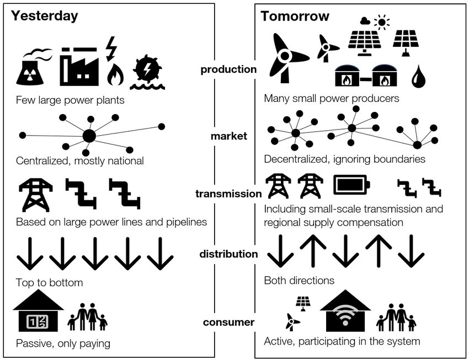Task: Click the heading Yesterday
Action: pyautogui.click(x=45, y=16)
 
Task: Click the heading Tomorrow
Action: pyautogui.click(x=295, y=16)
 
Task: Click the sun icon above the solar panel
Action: pyautogui.click(x=381, y=22)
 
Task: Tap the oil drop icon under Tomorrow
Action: pyautogui.click(x=417, y=76)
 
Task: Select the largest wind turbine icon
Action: pyautogui.click(x=285, y=56)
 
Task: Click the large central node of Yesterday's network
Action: pyautogui.click(x=89, y=136)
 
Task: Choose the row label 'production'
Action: pyautogui.click(x=228, y=69)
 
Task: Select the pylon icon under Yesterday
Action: pyautogui.click(x=35, y=194)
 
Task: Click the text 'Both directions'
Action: pyautogui.click(x=299, y=280)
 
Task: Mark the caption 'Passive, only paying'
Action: pyautogui.click(x=63, y=343)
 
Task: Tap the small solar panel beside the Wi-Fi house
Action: pyautogui.click(x=302, y=302)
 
